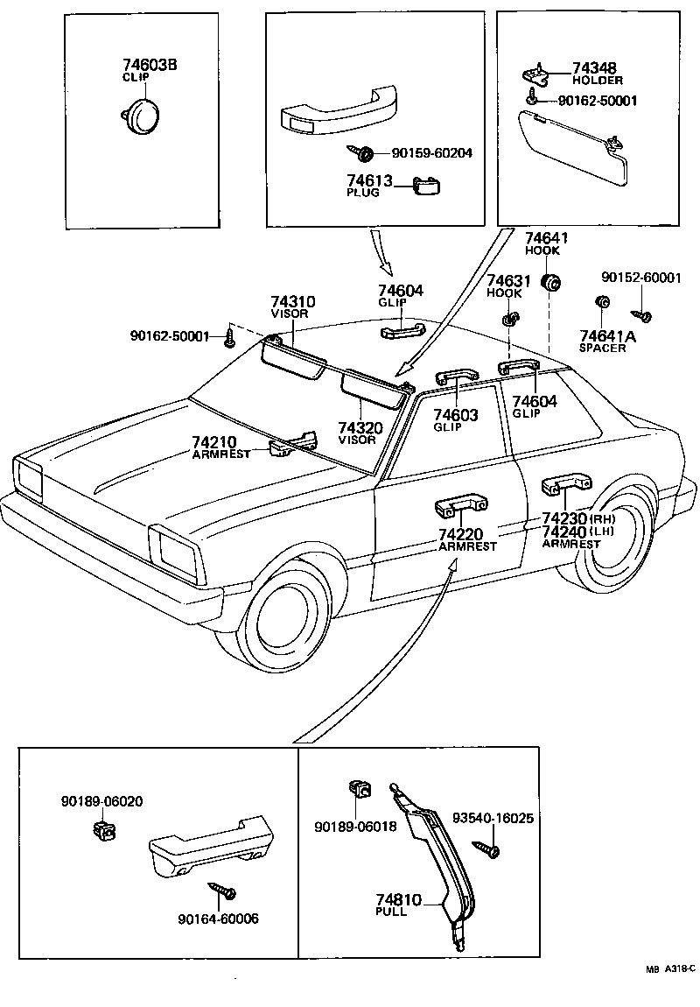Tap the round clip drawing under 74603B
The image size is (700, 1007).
[136, 115]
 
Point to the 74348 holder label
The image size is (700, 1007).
[595, 67]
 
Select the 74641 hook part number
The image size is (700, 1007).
[546, 238]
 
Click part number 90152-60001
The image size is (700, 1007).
[641, 278]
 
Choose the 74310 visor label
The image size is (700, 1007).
[292, 303]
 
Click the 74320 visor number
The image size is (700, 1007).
[360, 428]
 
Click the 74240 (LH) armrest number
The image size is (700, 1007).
[565, 532]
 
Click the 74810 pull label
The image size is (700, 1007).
[399, 899]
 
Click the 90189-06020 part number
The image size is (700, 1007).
[102, 801]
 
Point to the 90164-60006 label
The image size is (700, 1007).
[218, 919]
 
